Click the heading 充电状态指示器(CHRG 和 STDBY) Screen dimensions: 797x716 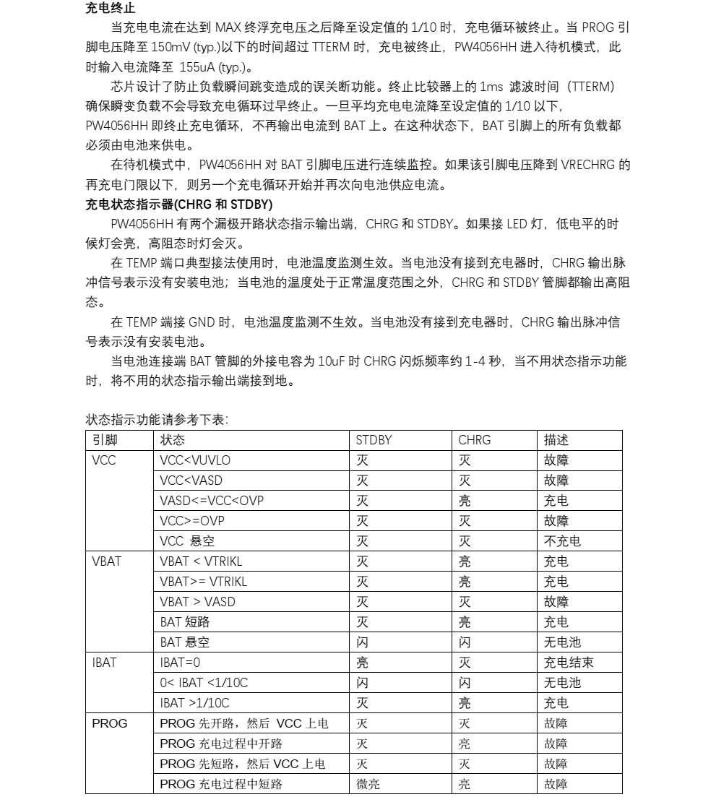178,204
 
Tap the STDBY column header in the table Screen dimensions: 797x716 374,440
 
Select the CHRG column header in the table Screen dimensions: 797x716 474,440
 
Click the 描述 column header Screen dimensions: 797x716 556,440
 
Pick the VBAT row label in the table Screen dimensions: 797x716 107,561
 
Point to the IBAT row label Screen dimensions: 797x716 104,663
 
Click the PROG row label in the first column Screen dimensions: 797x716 109,723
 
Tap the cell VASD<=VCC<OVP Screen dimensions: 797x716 217,501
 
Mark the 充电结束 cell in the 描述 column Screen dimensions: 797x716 569,663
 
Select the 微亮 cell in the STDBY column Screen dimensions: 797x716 368,784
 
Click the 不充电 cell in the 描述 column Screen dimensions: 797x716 562,541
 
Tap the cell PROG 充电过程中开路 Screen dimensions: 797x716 221,744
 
